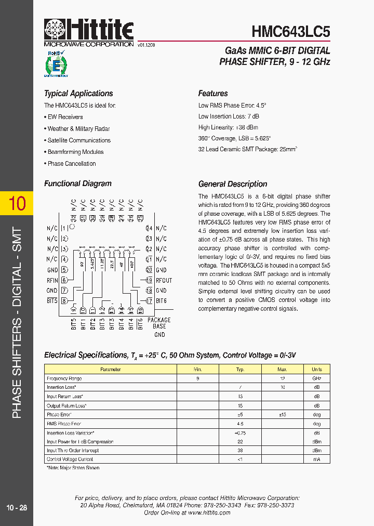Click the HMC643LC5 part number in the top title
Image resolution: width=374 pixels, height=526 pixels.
(290, 32)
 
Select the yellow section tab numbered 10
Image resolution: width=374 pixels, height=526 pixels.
(17, 203)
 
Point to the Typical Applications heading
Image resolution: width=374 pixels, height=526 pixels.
(78, 94)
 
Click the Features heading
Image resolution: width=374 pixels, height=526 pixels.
(213, 94)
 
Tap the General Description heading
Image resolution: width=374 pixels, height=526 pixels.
(233, 184)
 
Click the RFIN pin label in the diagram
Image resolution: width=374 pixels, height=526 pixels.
(52, 280)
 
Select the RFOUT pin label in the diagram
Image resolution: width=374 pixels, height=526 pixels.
(164, 280)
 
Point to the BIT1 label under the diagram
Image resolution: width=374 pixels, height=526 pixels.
(83, 324)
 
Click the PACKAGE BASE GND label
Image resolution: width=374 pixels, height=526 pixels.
(159, 327)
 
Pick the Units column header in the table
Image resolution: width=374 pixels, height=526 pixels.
(316, 370)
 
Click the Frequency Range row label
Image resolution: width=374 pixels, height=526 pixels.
(64, 378)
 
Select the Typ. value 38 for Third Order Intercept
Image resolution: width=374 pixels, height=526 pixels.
(240, 451)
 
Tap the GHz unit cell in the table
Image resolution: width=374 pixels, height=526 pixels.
(316, 378)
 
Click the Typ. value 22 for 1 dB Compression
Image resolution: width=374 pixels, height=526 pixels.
(240, 442)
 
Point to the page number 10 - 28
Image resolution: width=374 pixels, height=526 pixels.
(17, 507)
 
